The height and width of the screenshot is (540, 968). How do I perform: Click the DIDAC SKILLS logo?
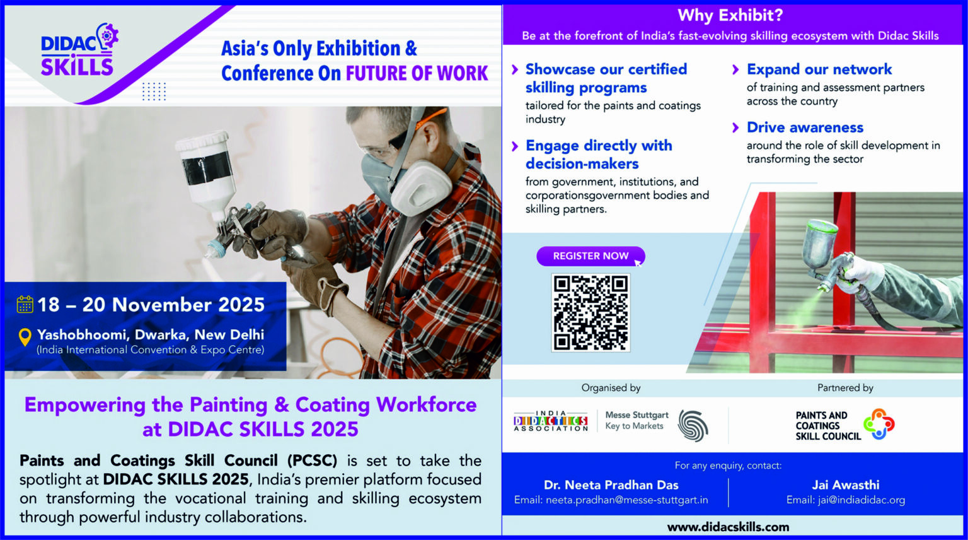pos(79,50)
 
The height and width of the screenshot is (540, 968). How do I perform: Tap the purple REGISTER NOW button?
pos(591,256)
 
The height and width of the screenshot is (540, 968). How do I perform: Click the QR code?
pos(591,313)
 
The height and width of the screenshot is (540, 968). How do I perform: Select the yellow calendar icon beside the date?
pos(25,304)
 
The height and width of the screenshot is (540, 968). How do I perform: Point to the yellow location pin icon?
pos(25,337)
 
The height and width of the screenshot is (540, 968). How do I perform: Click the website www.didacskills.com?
pos(728,527)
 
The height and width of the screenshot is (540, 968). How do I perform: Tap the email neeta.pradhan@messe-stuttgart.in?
pos(626,500)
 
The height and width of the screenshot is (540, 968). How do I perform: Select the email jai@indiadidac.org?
pos(861,500)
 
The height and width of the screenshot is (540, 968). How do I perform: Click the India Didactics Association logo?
pos(551,421)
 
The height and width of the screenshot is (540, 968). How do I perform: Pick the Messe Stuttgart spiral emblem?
pos(693,426)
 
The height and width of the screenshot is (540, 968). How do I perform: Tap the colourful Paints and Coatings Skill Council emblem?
pos(879,424)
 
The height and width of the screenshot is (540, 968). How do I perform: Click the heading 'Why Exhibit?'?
pos(730,16)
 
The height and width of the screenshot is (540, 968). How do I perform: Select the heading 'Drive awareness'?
pos(805,127)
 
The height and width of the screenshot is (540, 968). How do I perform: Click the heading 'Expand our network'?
pos(819,69)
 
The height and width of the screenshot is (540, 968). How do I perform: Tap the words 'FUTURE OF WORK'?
pos(417,73)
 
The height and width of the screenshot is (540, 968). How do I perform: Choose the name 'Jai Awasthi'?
pos(846,484)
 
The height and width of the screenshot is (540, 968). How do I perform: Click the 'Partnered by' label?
pos(845,388)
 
